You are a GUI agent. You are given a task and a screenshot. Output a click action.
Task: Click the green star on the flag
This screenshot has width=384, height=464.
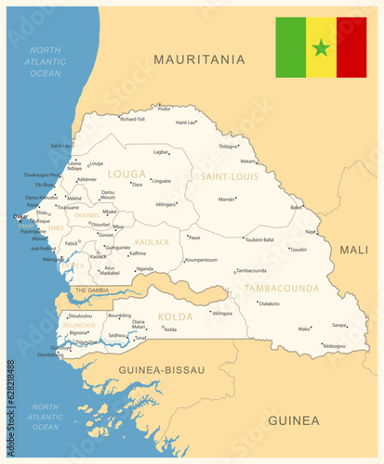click(321, 47)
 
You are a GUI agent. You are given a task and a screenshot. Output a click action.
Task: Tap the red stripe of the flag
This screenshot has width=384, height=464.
click(351, 47)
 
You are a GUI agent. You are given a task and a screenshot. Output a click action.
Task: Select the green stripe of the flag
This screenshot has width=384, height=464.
click(290, 47)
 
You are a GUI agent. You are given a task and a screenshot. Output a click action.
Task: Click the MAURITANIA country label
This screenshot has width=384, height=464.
click(199, 59)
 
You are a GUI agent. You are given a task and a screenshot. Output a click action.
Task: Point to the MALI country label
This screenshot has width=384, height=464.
click(353, 250)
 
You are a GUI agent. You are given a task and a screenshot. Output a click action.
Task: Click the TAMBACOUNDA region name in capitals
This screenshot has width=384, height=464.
click(282, 288)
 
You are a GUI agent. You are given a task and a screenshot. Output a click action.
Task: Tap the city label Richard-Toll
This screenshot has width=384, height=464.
click(133, 119)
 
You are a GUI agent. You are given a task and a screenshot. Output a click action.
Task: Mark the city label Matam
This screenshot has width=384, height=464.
click(248, 161)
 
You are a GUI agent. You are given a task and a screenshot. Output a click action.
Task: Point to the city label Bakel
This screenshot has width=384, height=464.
click(296, 207)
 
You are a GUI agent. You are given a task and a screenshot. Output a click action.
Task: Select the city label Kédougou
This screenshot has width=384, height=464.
click(333, 345)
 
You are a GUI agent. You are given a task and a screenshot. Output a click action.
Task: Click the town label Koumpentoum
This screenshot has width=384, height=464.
click(200, 260)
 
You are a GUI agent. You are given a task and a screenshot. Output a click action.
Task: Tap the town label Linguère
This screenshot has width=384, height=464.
click(161, 181)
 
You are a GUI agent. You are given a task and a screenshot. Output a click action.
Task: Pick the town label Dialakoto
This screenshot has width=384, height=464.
click(269, 303)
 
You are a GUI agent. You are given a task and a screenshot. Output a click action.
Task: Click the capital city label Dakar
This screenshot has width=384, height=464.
click(20, 216)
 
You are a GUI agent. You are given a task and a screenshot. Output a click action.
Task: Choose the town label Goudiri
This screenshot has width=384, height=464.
click(298, 249)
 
